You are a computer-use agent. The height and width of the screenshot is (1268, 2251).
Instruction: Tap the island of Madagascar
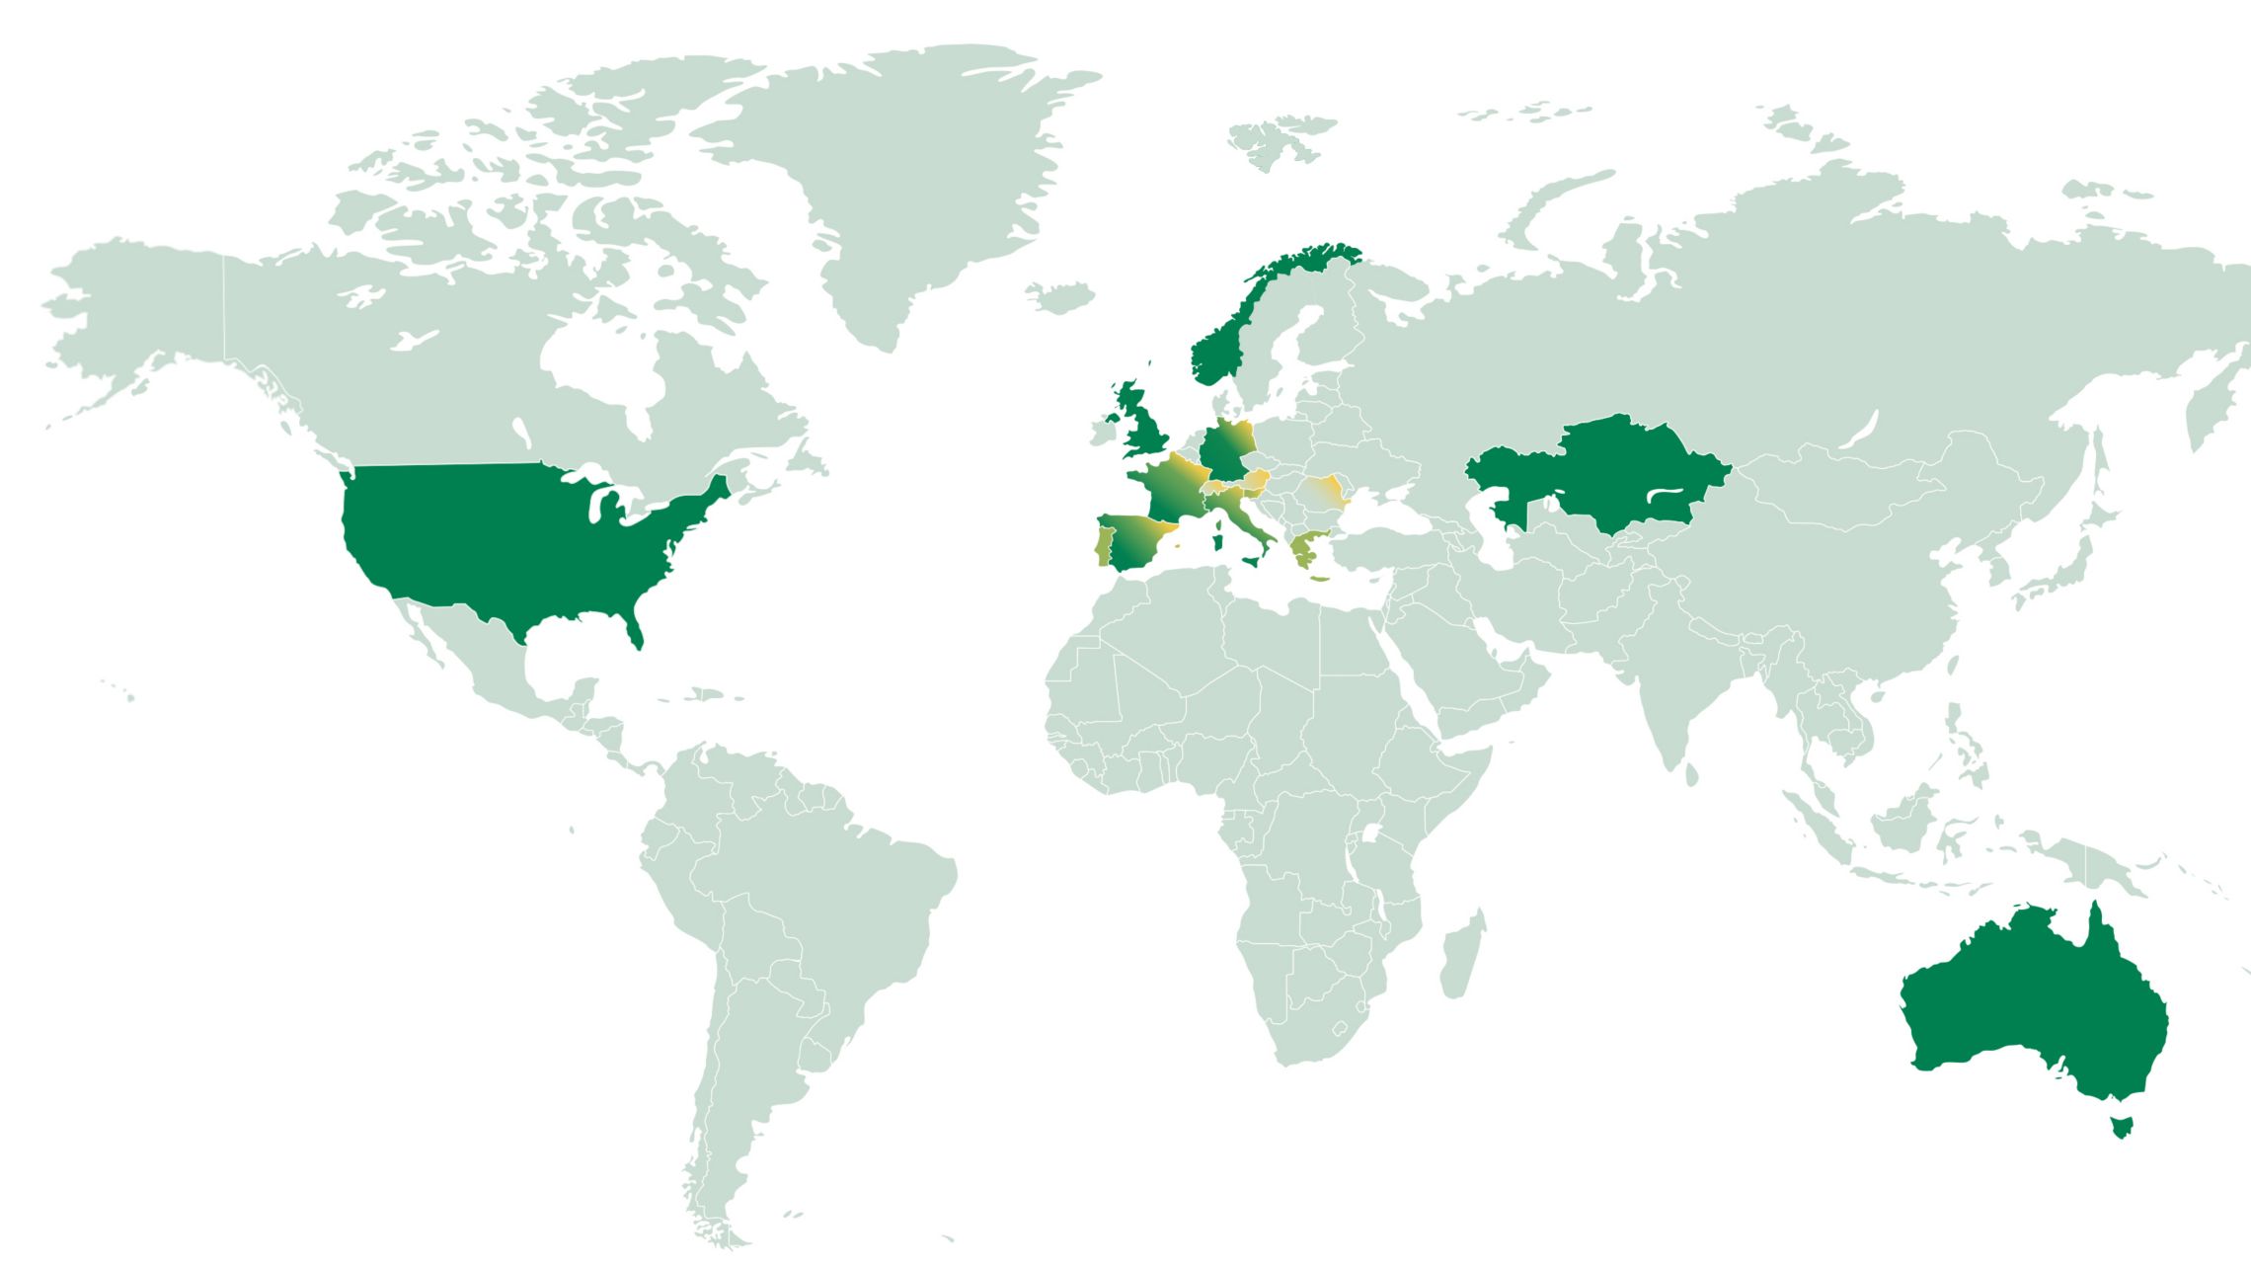coord(1461,956)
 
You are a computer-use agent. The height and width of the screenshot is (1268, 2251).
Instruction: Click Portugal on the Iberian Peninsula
coord(1105,547)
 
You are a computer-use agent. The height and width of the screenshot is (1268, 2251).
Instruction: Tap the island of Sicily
coord(1254,561)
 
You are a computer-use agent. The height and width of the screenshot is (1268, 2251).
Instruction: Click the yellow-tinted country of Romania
coord(1323,492)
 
